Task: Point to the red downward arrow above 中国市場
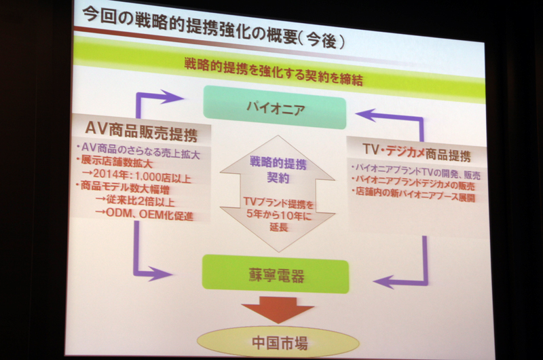pyautogui.click(x=278, y=309)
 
